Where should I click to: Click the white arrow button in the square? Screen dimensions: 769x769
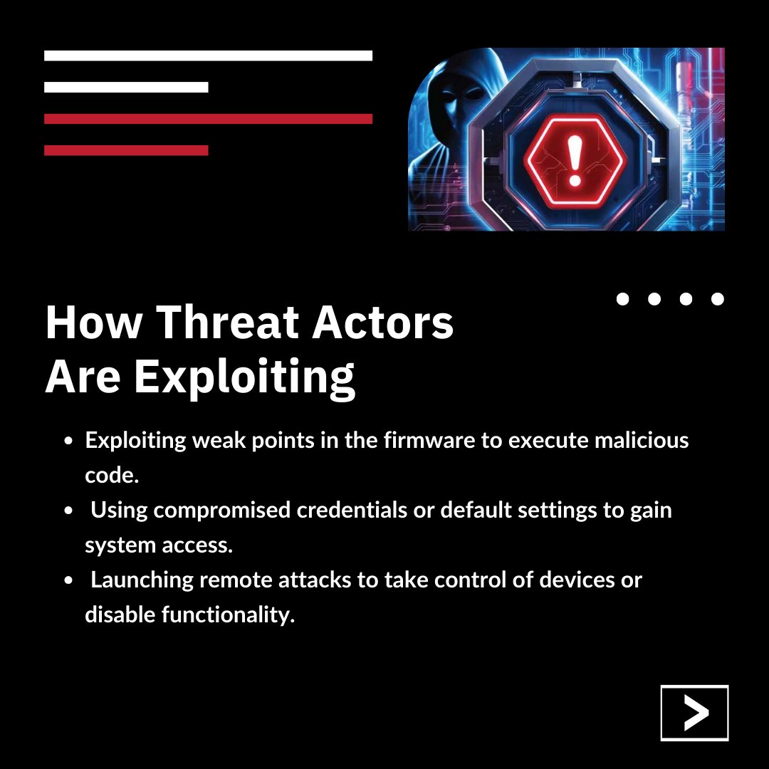pos(694,713)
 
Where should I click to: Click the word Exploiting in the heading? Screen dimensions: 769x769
pos(244,377)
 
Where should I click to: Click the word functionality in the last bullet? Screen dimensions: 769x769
pos(228,614)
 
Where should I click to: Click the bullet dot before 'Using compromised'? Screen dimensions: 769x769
pos(68,511)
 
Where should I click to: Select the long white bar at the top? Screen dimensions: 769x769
pos(208,56)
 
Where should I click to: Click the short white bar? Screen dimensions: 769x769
pos(126,87)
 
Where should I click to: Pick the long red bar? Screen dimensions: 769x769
pos(208,119)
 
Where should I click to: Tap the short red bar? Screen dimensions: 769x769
pos(126,150)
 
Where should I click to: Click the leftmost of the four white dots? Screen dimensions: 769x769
pos(622,299)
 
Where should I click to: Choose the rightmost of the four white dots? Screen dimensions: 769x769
pos(718,299)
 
